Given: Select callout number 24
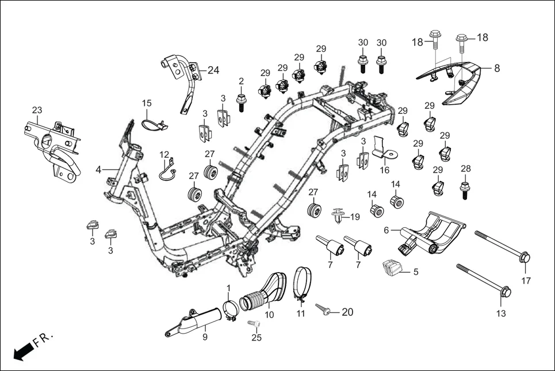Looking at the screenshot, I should coord(213,71).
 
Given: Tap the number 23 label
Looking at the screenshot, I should coord(37,110).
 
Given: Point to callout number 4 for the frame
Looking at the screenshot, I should coord(98,170).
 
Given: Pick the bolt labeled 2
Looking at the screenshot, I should coord(242,102).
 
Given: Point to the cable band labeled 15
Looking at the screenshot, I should coord(152,123).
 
